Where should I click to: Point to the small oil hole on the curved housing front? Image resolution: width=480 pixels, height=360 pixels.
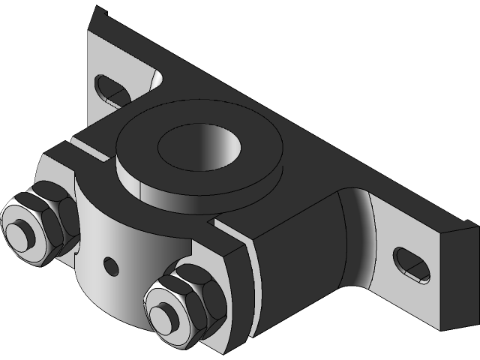coord(111,263)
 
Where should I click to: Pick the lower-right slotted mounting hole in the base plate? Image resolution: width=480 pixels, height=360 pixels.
coord(412,265)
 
